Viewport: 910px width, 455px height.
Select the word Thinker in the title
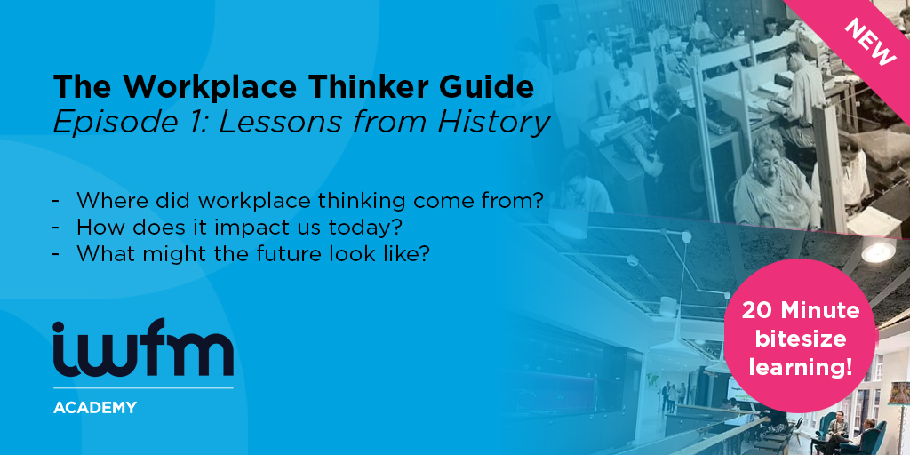point(358,86)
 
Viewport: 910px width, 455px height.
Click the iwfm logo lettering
point(143,347)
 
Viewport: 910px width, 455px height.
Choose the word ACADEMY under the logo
point(95,407)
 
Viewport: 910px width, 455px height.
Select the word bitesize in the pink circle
point(800,339)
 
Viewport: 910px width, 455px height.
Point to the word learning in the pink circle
point(799,367)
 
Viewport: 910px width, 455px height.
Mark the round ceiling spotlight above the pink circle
point(878,251)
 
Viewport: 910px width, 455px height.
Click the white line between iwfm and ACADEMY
point(143,387)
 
